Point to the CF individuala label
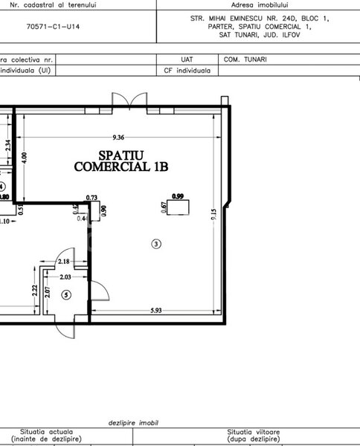click(x=187, y=71)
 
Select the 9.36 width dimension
click(x=118, y=137)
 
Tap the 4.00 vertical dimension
click(x=24, y=158)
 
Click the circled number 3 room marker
click(x=155, y=243)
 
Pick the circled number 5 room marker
click(x=66, y=295)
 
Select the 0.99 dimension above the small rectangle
click(x=178, y=196)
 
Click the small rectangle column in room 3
click(x=179, y=208)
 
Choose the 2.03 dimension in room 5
click(x=65, y=277)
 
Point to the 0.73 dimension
click(x=92, y=198)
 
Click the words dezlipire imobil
click(x=136, y=421)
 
